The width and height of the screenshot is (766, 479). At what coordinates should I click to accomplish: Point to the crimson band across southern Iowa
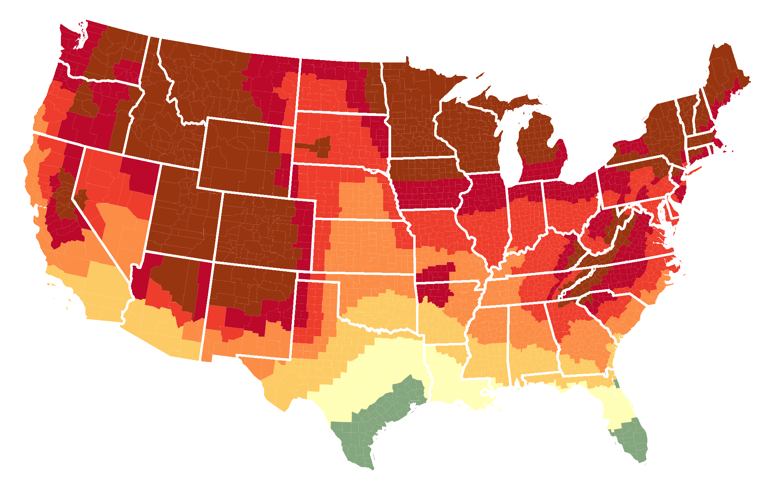(427, 194)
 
